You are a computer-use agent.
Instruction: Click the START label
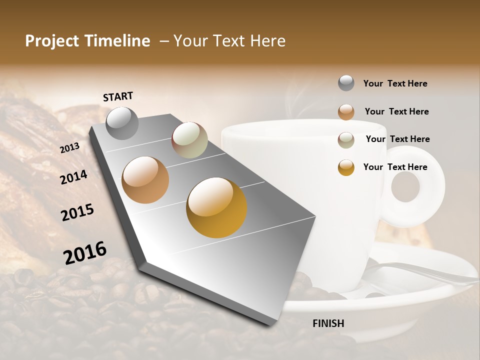118,96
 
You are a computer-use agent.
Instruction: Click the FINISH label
328,323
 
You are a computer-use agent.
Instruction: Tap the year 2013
69,148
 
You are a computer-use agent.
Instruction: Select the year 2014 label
73,177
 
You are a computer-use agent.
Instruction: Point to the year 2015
77,212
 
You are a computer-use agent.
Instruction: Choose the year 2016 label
85,253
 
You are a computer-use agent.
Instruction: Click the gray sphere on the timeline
122,123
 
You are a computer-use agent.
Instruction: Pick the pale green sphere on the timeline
189,140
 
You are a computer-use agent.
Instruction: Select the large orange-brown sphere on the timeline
145,180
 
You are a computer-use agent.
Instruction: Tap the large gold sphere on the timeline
216,207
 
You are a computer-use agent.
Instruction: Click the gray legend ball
346,83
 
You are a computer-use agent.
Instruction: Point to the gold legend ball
346,167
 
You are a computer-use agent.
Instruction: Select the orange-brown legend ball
346,112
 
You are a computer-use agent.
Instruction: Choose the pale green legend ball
346,140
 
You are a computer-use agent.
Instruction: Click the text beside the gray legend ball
395,83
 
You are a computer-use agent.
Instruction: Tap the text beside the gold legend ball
395,167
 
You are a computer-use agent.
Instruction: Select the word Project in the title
52,41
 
